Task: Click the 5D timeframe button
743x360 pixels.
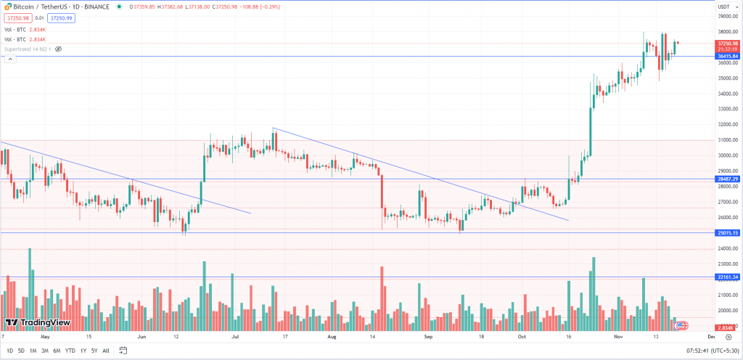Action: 21,351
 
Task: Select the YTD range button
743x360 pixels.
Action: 70,351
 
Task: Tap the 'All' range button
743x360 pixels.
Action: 106,351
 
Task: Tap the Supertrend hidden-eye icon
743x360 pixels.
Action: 59,49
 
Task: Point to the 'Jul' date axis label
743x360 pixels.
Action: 234,337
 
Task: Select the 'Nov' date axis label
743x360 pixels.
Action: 618,337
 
